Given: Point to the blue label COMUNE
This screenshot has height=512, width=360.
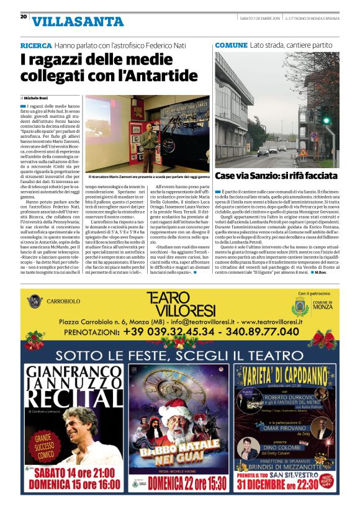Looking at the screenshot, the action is click(231, 46).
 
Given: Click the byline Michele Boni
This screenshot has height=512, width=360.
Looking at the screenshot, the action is click(39, 98).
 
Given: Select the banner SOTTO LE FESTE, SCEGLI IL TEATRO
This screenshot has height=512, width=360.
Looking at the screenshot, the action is click(180, 356).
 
